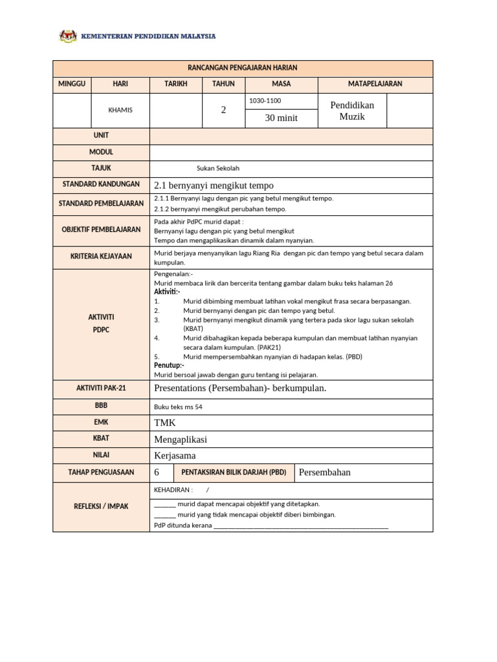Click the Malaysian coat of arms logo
(67, 36)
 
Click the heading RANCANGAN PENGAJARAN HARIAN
(243, 69)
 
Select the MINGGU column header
(72, 84)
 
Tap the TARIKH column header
(175, 84)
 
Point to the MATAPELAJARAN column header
(375, 84)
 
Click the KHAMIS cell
(120, 110)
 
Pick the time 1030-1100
(265, 101)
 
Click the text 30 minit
(282, 118)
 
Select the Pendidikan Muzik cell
(352, 111)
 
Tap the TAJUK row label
(101, 168)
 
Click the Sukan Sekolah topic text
(218, 168)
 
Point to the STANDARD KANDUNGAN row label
(101, 185)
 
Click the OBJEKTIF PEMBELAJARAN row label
(101, 230)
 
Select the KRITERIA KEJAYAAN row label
(101, 257)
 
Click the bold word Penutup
(169, 365)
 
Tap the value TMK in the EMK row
(164, 422)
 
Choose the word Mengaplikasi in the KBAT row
(181, 439)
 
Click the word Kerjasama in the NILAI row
(175, 455)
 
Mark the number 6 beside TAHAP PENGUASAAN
(157, 473)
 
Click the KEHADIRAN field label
(173, 490)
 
